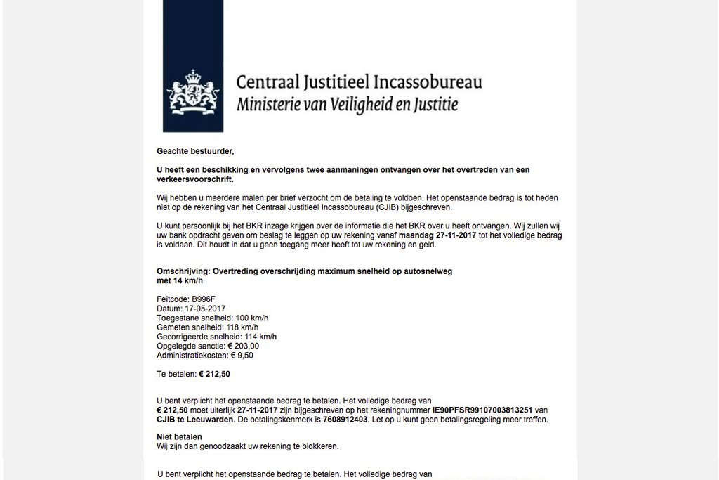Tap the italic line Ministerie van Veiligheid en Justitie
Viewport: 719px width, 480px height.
(347, 105)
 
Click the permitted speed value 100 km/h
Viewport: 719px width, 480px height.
(240, 318)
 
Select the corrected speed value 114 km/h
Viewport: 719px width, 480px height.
(250, 337)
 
